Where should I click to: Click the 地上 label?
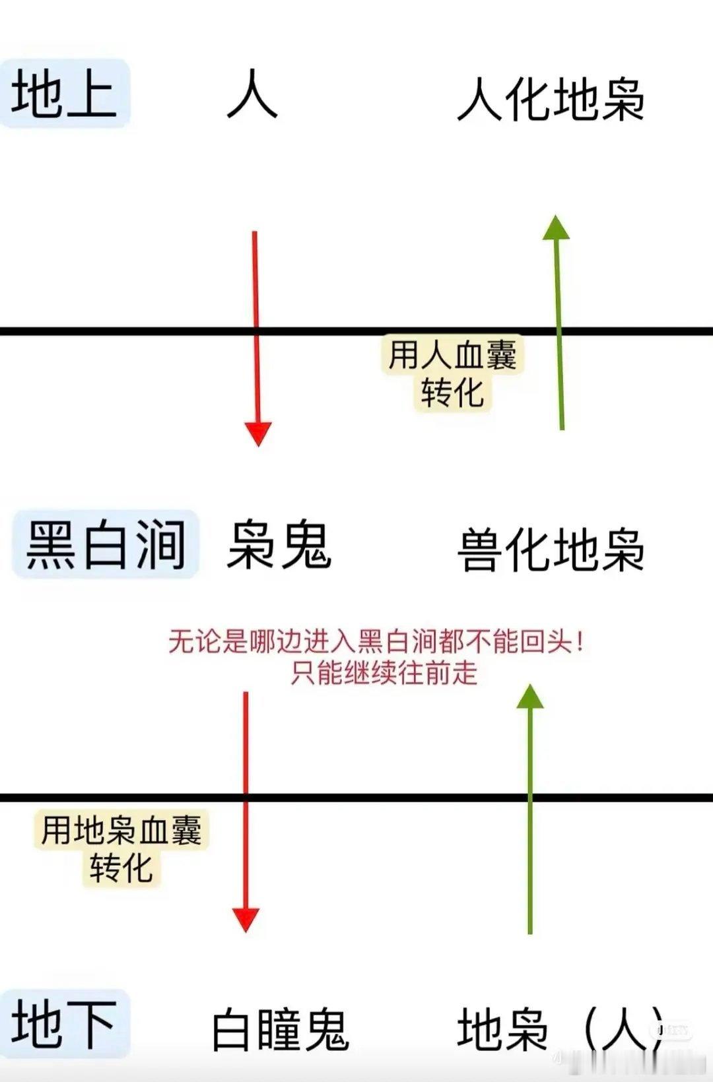(x=65, y=93)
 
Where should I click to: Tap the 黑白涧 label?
(x=106, y=544)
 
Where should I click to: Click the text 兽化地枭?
(x=551, y=550)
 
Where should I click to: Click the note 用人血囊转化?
(x=453, y=373)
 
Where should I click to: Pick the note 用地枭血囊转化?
(x=121, y=848)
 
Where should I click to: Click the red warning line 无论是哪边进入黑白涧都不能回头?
(x=376, y=641)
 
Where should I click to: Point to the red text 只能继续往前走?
(x=384, y=673)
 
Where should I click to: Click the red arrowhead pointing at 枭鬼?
(x=258, y=433)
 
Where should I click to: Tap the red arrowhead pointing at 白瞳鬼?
(x=246, y=919)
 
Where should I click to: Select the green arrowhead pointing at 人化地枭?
(x=556, y=228)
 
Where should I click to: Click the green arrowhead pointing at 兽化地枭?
(x=529, y=697)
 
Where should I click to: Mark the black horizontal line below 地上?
(x=132, y=331)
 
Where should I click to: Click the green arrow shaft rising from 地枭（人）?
(x=529, y=858)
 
